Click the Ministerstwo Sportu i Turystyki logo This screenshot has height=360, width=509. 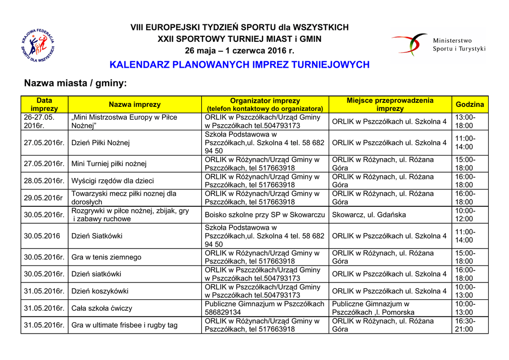pyautogui.click(x=437, y=44)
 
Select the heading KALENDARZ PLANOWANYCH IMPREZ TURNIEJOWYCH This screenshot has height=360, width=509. pyautogui.click(x=239, y=65)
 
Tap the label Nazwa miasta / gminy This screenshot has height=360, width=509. pyautogui.click(x=76, y=83)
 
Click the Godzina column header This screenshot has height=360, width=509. pyautogui.click(x=470, y=104)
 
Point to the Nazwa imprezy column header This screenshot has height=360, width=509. pyautogui.click(x=135, y=104)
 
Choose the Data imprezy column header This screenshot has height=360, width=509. pyautogui.click(x=44, y=104)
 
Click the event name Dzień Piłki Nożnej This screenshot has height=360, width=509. pyautogui.click(x=101, y=143)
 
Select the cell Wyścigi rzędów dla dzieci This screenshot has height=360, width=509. pyautogui.click(x=113, y=181)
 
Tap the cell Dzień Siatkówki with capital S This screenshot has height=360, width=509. pyautogui.click(x=97, y=236)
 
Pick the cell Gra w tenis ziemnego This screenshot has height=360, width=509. pyautogui.click(x=106, y=257)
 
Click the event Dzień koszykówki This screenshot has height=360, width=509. pyautogui.click(x=100, y=291)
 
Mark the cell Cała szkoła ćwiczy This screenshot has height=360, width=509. pyautogui.click(x=102, y=308)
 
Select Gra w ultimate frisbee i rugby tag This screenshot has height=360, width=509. pyautogui.click(x=125, y=325)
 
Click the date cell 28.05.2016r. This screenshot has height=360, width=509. pyautogui.click(x=44, y=181)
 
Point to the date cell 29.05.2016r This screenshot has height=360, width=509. pyautogui.click(x=43, y=198)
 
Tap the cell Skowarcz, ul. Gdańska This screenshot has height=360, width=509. pyautogui.click(x=369, y=215)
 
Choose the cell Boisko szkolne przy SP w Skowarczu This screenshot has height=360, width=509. pyautogui.click(x=265, y=215)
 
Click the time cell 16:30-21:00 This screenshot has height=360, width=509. pyautogui.click(x=465, y=325)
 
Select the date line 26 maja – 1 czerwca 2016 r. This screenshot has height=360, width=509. pyautogui.click(x=239, y=50)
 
